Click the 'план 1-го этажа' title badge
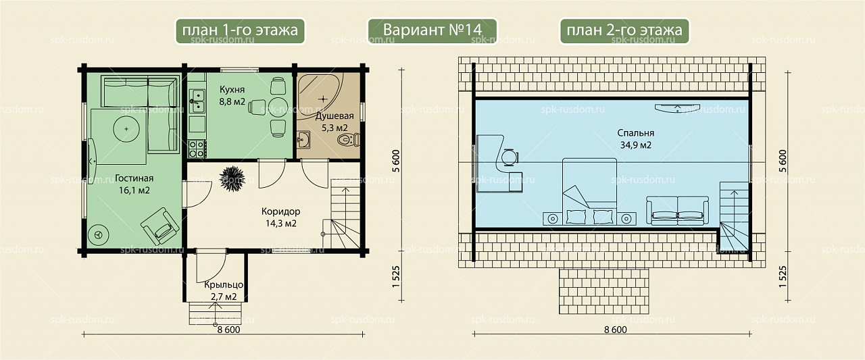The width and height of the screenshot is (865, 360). pyautogui.click(x=240, y=31)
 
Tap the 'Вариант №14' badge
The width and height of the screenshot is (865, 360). pyautogui.click(x=432, y=31)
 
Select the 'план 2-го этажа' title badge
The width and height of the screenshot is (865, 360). pyautogui.click(x=624, y=31)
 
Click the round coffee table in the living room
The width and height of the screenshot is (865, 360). pyautogui.click(x=126, y=129)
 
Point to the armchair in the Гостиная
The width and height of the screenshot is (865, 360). pyautogui.click(x=160, y=226)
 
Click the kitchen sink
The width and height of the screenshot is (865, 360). pyautogui.click(x=197, y=101)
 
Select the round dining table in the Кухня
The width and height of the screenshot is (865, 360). pyautogui.click(x=278, y=107)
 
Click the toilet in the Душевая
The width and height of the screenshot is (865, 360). pyautogui.click(x=349, y=139)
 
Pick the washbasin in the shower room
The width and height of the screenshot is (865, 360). pyautogui.click(x=303, y=140)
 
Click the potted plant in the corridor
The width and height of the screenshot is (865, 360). pyautogui.click(x=232, y=178)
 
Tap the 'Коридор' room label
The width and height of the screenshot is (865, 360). pyautogui.click(x=280, y=211)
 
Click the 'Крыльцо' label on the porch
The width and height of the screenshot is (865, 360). pyautogui.click(x=224, y=285)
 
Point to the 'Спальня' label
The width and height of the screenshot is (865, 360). pyautogui.click(x=636, y=133)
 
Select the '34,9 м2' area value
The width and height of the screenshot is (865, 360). pyautogui.click(x=636, y=145)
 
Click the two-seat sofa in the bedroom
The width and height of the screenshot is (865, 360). pyautogui.click(x=678, y=210)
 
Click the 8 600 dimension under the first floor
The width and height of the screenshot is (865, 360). pyautogui.click(x=228, y=330)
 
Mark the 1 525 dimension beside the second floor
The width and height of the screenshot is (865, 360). pyautogui.click(x=783, y=277)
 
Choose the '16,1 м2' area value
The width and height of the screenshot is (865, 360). pyautogui.click(x=134, y=190)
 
